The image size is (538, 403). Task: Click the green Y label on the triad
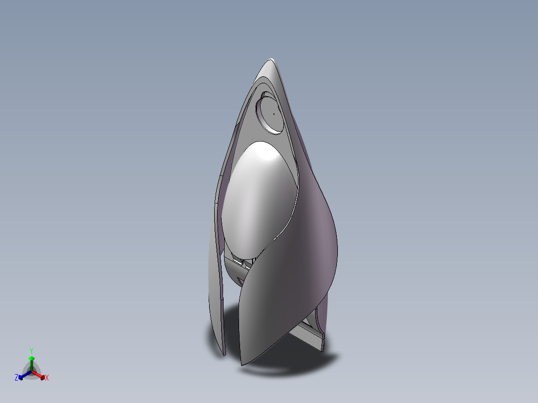31,351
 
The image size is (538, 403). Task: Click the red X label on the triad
46,378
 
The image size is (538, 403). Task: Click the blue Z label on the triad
16,378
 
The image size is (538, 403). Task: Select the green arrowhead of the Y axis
31,358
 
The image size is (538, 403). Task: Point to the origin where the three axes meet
31,371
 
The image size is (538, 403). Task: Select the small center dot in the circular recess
273,113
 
